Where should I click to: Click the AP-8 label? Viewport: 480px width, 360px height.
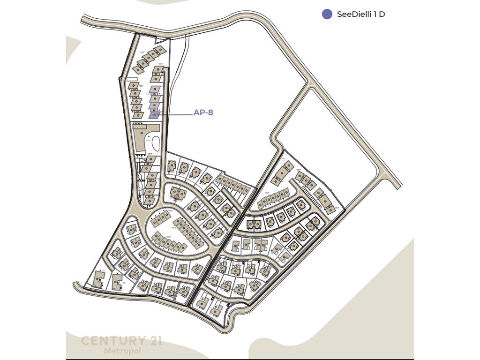pos(203,112)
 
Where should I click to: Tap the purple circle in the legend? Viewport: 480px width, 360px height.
pos(327,14)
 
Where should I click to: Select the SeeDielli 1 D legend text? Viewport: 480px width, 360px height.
pos(361,14)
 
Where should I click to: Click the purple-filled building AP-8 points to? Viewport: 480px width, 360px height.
pos(154,114)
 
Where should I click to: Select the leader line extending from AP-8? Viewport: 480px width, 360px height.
pos(176,115)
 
